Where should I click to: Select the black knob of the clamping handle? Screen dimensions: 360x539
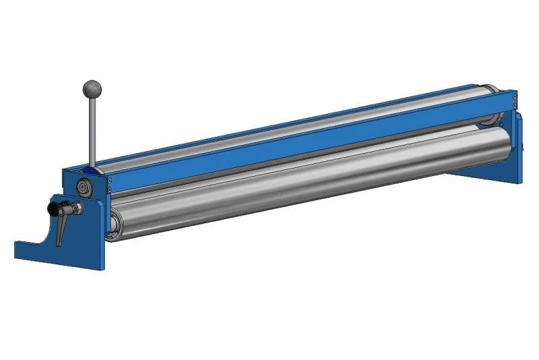point(55,210)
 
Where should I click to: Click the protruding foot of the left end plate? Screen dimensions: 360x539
point(30,250)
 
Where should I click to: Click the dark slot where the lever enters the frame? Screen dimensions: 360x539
point(92,167)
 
